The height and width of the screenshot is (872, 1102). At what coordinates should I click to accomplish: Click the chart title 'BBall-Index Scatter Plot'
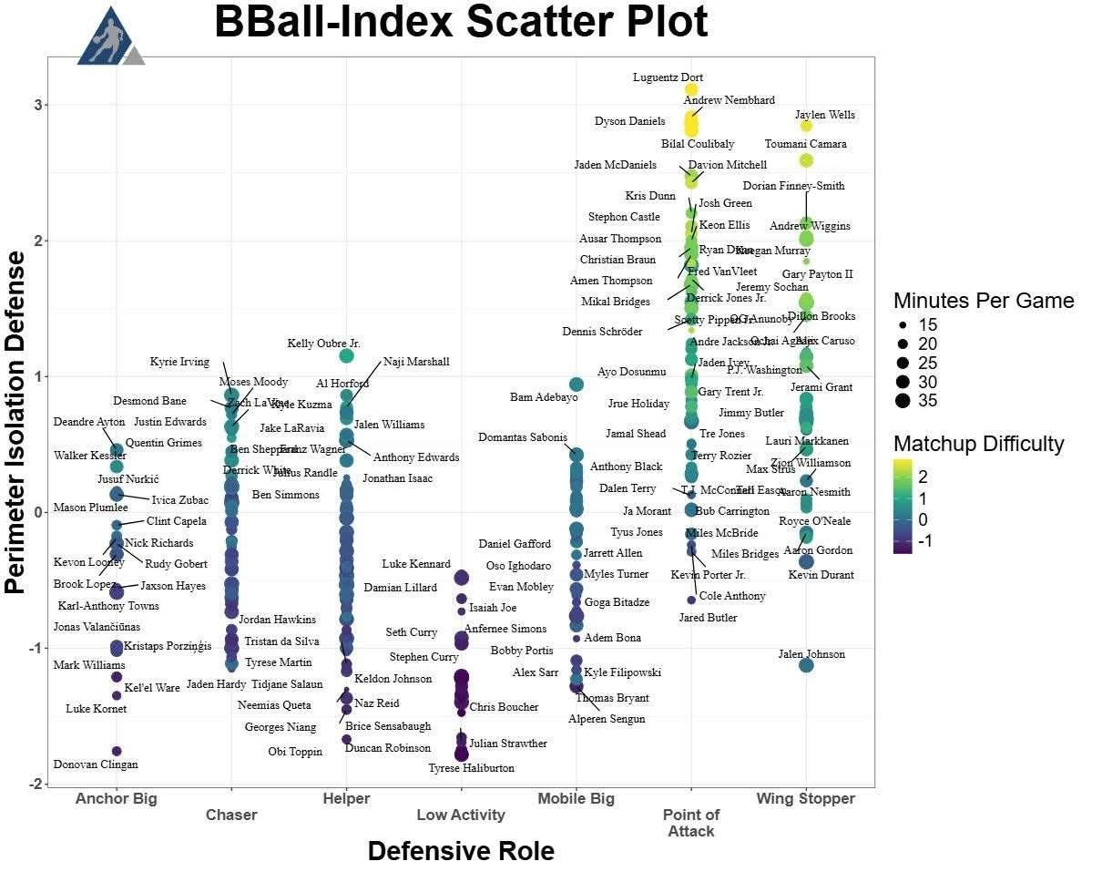point(460,22)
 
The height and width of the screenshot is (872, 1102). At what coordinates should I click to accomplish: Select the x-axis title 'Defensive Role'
point(460,851)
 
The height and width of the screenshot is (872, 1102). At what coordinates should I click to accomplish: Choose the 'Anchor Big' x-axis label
point(116,799)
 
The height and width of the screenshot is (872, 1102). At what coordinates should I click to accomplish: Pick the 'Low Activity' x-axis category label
point(460,815)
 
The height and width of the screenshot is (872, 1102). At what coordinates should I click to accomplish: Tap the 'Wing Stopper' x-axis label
point(805,799)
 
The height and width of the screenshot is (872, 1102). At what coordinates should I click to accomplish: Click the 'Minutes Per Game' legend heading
point(983,301)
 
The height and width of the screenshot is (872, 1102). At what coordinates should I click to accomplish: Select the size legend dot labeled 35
point(903,401)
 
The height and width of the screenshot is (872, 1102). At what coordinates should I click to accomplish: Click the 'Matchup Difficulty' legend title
point(978,444)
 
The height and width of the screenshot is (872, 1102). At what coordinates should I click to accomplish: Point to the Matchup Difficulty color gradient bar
point(903,506)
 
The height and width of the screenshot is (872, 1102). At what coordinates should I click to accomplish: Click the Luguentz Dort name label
point(668,77)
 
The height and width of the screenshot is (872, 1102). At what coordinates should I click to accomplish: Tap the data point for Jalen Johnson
point(806,665)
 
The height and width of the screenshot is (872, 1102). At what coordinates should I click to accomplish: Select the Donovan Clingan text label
point(96,764)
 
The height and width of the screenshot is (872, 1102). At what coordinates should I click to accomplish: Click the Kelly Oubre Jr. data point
point(346,355)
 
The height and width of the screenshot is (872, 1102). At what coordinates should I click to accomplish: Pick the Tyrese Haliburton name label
point(471,768)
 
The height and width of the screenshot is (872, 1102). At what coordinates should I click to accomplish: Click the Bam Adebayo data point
point(576,385)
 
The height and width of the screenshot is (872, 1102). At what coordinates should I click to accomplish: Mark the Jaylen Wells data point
point(805,126)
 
